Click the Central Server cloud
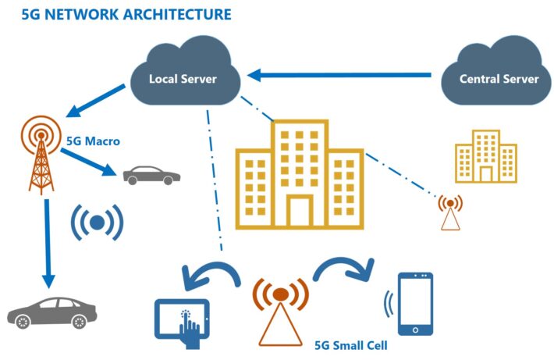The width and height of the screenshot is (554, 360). point(498,78)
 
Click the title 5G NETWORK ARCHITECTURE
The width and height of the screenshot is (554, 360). point(119,14)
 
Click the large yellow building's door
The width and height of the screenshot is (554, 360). point(298,212)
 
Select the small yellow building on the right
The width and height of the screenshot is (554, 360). point(486,157)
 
